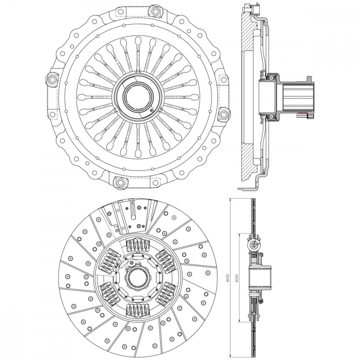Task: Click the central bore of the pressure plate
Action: pos(138,96)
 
